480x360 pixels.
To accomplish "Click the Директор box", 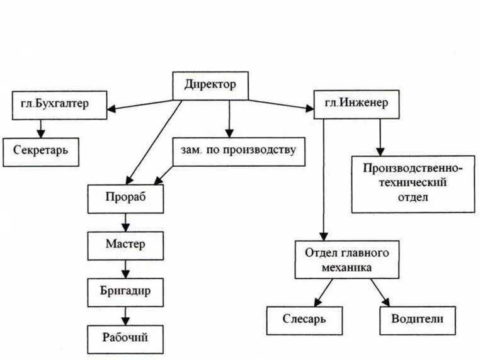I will click(x=210, y=85).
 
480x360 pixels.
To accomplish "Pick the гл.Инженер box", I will click(x=356, y=103).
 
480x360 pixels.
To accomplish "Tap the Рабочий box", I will click(x=126, y=338).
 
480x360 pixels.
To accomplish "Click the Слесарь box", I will click(x=304, y=320).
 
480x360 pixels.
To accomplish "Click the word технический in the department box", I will click(x=413, y=183).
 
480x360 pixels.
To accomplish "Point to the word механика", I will click(x=348, y=267).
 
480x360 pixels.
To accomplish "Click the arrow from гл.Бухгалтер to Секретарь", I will click(x=42, y=128).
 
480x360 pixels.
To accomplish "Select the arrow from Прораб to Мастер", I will click(x=126, y=222).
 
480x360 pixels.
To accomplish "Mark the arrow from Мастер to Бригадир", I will click(x=126, y=269).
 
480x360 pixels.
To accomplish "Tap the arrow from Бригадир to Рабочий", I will click(x=126, y=315).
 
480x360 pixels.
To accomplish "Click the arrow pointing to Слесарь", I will click(x=323, y=292).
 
